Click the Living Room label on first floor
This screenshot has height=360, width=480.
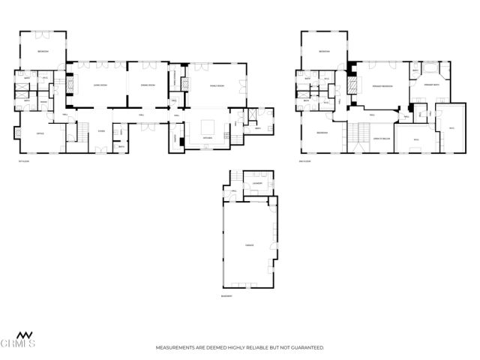[x=98, y=85]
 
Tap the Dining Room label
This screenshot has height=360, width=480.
[x=148, y=85]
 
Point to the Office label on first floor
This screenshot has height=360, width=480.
[x=39, y=134]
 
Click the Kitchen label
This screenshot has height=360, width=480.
[x=208, y=139]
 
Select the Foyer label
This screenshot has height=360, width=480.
[x=101, y=130]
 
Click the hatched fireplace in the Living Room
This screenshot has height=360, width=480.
[x=71, y=85]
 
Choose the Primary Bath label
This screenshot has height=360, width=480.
[x=432, y=86]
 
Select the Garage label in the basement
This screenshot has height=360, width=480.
[x=249, y=245]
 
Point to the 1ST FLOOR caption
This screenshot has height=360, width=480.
[x=24, y=160]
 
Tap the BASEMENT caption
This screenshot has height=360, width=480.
[x=226, y=297]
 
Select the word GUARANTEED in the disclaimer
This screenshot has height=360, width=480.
[x=304, y=348]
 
